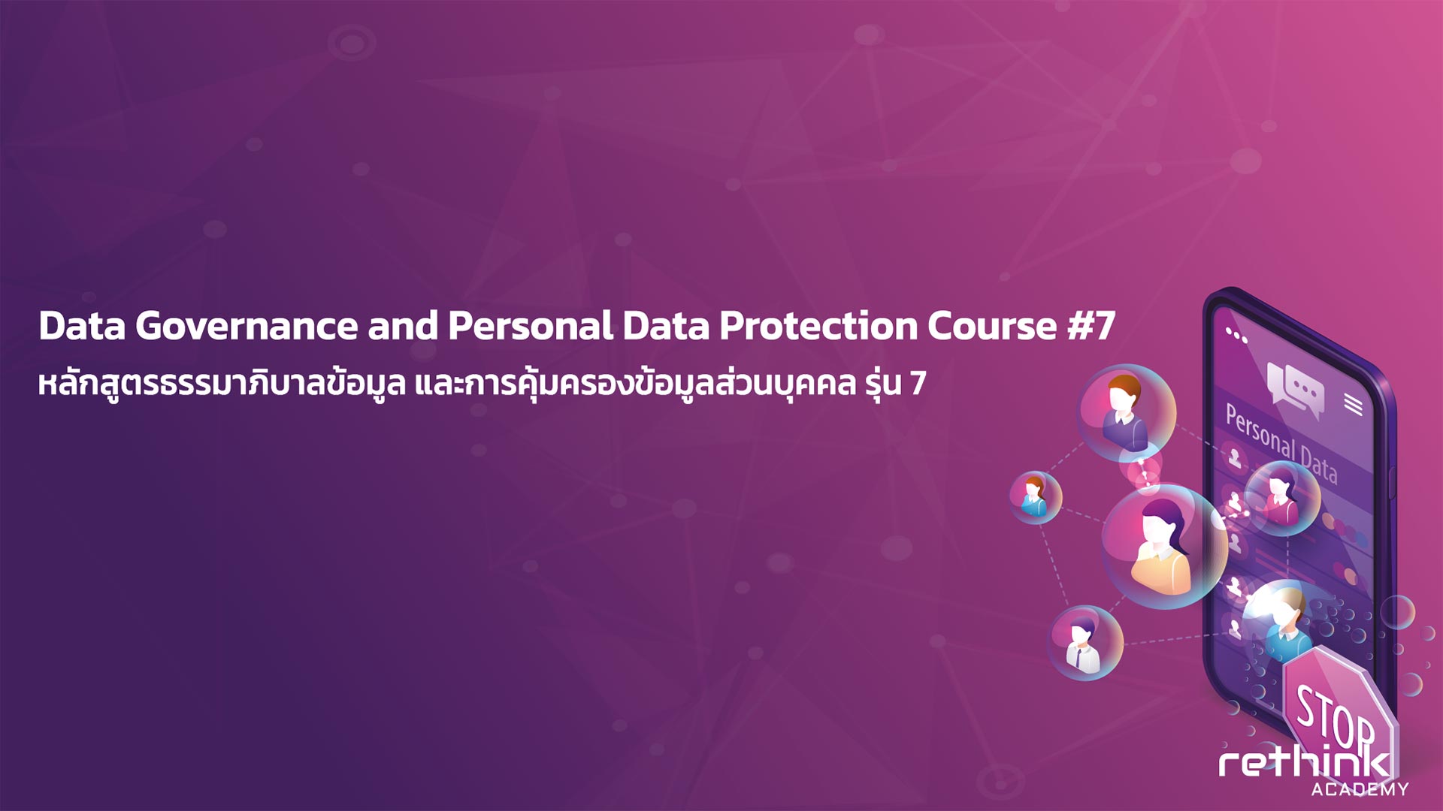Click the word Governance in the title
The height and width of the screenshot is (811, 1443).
[x=247, y=327]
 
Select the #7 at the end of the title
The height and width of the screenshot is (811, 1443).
[x=1091, y=327]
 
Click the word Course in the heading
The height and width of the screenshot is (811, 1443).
[x=992, y=327]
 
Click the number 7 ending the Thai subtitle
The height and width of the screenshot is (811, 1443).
[x=918, y=384]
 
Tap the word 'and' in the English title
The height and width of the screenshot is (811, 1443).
[x=403, y=327]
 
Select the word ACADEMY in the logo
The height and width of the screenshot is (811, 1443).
[x=1360, y=789]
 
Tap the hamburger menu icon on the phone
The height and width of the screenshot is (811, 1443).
[x=1353, y=405]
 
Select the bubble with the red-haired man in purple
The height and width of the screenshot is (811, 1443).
[x=1127, y=412]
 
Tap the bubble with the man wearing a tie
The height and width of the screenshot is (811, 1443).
[x=1085, y=643]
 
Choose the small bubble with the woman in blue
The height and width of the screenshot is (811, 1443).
[x=1035, y=497]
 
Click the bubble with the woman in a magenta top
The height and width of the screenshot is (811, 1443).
[x=1282, y=498]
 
